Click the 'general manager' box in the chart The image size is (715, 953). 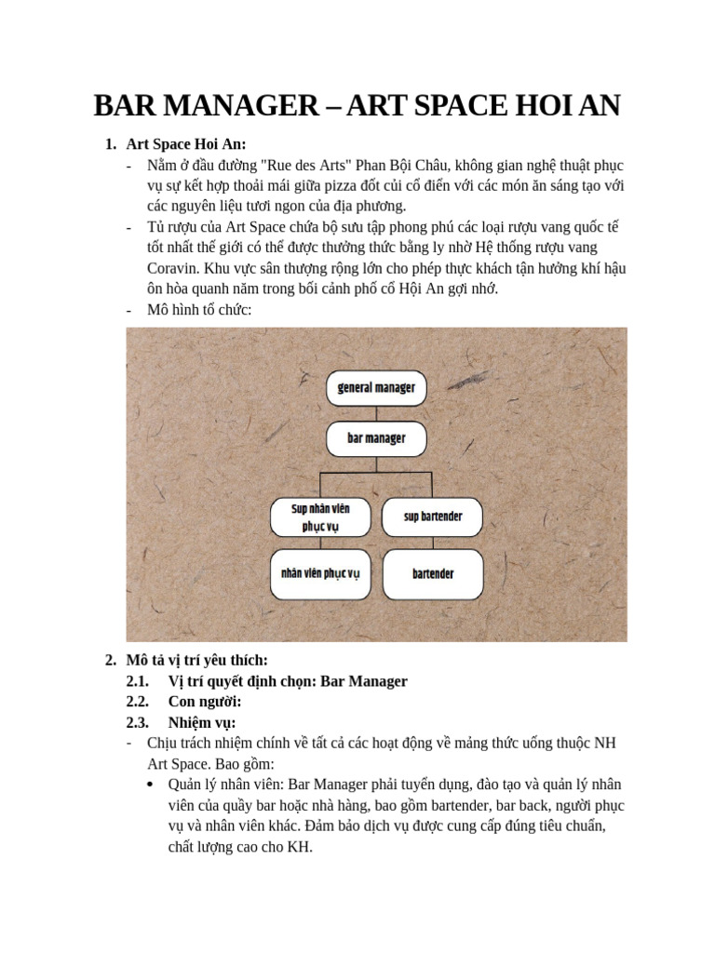[x=376, y=387]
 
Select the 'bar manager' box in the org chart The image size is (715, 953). [x=376, y=437]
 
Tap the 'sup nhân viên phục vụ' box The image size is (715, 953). [x=321, y=517]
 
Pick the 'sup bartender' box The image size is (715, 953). [x=433, y=517]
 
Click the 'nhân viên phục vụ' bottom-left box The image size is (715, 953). [x=321, y=573]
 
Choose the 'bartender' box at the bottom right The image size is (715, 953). [x=433, y=573]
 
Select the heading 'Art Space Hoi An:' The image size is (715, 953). [x=186, y=144]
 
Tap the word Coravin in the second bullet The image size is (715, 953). [x=172, y=268]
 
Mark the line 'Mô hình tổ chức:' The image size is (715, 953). [x=199, y=309]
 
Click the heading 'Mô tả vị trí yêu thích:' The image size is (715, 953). [x=196, y=660]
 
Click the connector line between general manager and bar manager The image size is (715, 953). [x=376, y=412]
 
